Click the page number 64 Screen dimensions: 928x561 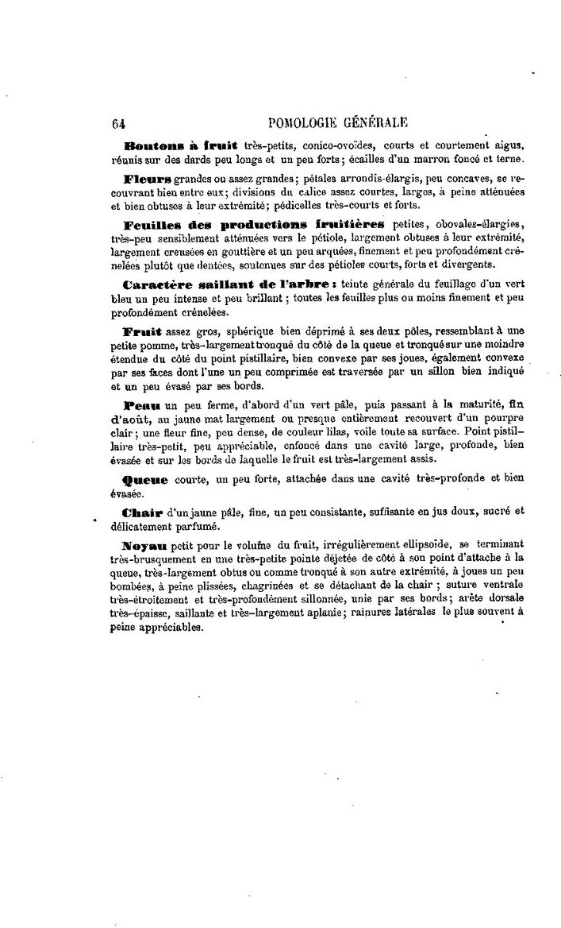pyautogui.click(x=120, y=122)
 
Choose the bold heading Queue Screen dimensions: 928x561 pyautogui.click(x=146, y=480)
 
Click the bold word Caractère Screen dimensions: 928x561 pyautogui.click(x=158, y=284)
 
